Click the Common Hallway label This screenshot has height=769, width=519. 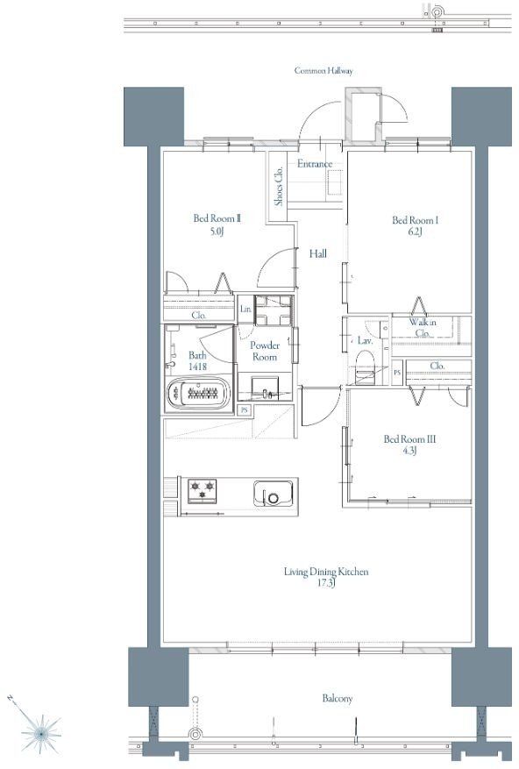tap(323, 71)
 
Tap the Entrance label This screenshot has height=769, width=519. tap(315, 164)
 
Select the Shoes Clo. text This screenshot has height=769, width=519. tap(279, 187)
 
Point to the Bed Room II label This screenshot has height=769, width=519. tap(217, 218)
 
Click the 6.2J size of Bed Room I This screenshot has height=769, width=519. tap(414, 232)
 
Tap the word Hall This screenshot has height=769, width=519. tap(318, 253)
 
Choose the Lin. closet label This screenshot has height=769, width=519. tap(245, 309)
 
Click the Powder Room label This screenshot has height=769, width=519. tap(265, 351)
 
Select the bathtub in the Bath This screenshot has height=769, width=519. tap(199, 393)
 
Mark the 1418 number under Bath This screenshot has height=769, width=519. tap(197, 367)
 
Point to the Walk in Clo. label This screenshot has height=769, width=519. tap(423, 328)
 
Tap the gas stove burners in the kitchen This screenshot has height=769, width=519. tap(203, 490)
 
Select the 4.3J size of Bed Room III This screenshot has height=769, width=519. tap(409, 451)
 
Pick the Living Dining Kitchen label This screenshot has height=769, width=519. tap(326, 572)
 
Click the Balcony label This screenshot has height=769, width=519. tap(337, 698)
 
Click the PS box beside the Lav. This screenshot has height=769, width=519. tap(397, 373)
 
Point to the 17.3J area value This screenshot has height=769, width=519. tap(326, 583)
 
